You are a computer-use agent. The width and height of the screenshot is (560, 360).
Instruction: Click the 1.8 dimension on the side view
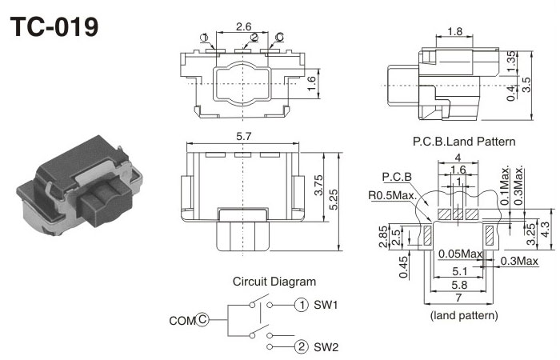click(x=454, y=32)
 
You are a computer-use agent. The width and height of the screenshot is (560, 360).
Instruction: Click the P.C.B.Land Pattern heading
click(x=464, y=141)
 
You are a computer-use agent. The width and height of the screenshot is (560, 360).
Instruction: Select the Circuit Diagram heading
click(x=274, y=282)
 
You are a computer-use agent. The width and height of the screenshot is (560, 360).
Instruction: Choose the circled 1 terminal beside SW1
click(x=301, y=305)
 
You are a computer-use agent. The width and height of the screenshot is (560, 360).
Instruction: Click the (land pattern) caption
click(x=464, y=315)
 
